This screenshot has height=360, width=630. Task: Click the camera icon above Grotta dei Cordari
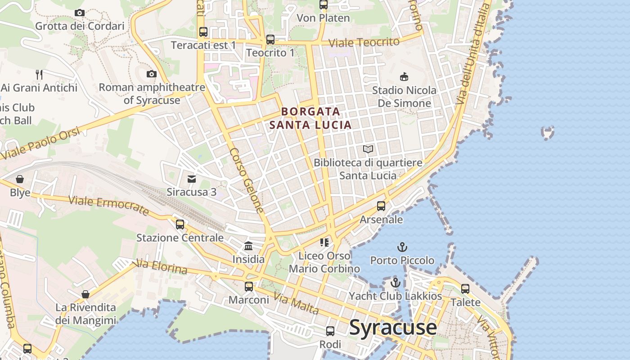[80, 13]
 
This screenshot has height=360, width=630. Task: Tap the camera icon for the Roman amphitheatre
[152, 74]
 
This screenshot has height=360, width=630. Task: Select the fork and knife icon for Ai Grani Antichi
[39, 74]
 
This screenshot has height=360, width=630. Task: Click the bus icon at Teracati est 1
[203, 32]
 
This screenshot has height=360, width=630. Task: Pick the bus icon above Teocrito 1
[270, 40]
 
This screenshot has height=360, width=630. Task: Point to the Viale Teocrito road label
[364, 43]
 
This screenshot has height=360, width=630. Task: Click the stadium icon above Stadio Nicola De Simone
[404, 77]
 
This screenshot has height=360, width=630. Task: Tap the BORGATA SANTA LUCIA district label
[310, 118]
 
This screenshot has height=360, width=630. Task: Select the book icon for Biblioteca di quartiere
[368, 149]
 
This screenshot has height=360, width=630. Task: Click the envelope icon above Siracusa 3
[192, 179]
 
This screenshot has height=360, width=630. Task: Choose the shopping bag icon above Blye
[20, 180]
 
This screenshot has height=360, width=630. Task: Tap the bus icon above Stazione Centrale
[180, 224]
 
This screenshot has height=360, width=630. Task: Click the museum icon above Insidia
[248, 246]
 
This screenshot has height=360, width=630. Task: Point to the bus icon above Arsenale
[381, 206]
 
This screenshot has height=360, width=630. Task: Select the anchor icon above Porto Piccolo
[402, 247]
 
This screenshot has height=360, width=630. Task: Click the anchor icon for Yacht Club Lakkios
[396, 283]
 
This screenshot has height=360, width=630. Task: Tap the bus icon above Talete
[465, 288]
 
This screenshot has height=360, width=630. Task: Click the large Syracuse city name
[393, 327]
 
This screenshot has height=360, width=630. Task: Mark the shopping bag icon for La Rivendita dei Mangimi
[85, 294]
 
